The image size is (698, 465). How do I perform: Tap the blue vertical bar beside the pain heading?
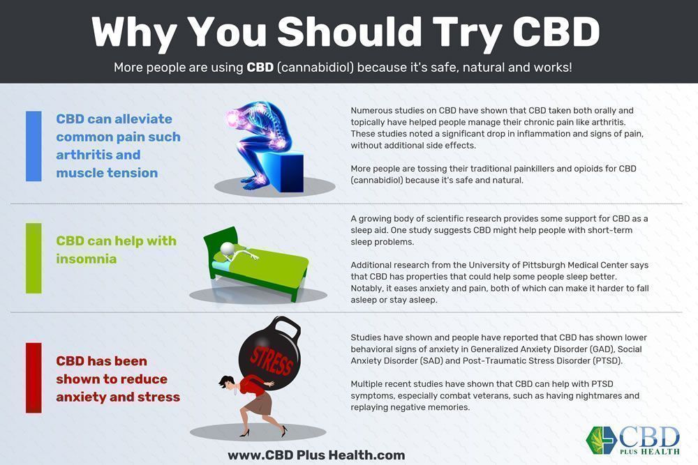pos(34,146)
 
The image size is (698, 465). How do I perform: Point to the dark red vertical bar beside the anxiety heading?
pos(34,378)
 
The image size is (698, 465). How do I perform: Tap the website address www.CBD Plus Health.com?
pos(316,455)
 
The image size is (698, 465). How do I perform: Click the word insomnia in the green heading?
pos(87,259)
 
